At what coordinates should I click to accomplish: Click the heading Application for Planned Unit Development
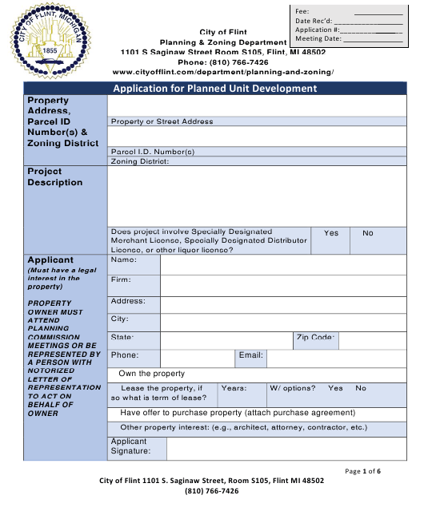[214, 89]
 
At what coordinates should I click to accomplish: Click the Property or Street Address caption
[162, 122]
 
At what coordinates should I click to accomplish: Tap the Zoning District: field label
[140, 161]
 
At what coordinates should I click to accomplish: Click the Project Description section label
[55, 176]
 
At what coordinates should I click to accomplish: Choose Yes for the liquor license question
[331, 233]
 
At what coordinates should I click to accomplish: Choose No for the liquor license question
[368, 233]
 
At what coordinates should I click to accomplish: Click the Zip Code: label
[315, 339]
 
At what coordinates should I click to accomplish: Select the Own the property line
[152, 374]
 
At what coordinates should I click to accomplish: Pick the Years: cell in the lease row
[234, 389]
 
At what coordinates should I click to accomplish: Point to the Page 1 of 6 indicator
[362, 471]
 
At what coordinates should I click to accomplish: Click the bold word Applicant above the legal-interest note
[50, 260]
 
